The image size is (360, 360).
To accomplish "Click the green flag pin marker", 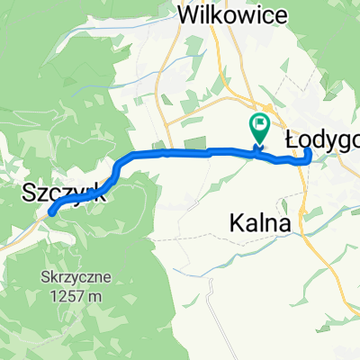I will (259, 129).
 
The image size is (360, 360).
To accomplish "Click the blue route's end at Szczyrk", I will (50, 212).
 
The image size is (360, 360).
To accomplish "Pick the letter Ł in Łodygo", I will (292, 138).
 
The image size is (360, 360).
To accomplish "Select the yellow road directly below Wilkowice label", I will (166, 90).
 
